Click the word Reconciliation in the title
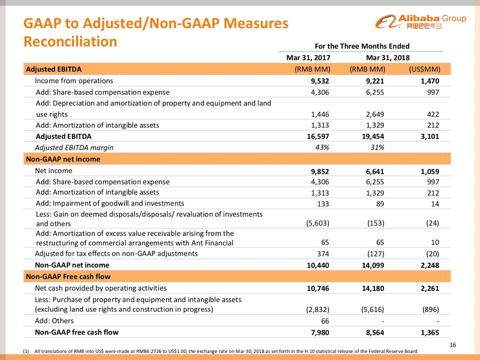[x=70, y=42]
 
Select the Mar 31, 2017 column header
[x=308, y=58]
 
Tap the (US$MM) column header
[x=424, y=69]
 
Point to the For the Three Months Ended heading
[x=362, y=46]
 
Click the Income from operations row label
[x=74, y=81]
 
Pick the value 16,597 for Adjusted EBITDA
[x=318, y=136]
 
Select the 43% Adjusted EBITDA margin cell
[x=322, y=147]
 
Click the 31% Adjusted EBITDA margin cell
[x=377, y=147]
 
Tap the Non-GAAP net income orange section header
[x=63, y=159]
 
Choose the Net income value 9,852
[x=319, y=171]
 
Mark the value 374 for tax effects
[x=323, y=254]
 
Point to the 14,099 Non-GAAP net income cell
[x=373, y=265]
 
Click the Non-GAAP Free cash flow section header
[x=68, y=277]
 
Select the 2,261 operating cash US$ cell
[x=430, y=288]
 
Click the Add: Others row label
[x=55, y=321]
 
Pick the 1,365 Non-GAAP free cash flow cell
[x=430, y=333]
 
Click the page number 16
[x=453, y=345]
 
